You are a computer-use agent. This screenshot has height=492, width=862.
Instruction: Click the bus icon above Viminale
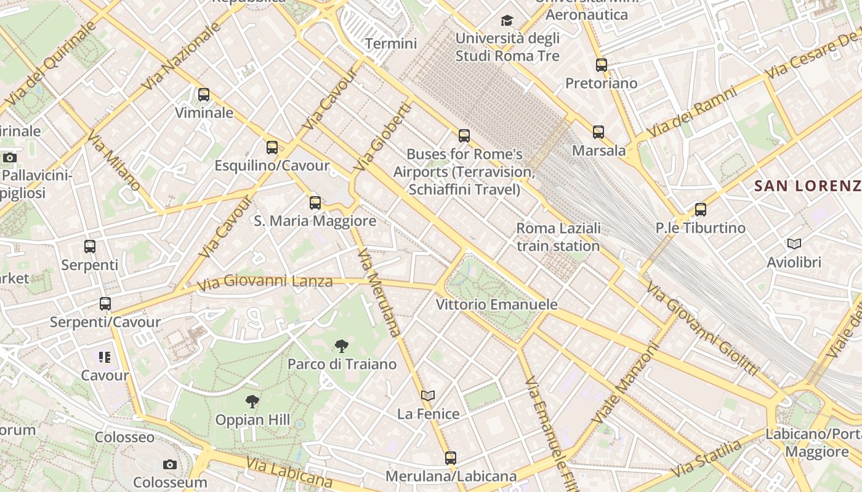[x=204, y=95]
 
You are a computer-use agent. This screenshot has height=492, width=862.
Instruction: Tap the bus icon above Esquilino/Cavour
[x=272, y=148]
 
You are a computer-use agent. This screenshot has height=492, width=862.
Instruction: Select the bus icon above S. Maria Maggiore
[x=315, y=202]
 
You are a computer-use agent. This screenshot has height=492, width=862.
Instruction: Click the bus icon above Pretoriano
[x=602, y=65]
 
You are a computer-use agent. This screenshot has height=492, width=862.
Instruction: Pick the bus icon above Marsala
[x=598, y=132]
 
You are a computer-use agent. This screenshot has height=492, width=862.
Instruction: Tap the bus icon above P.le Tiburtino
[x=701, y=210]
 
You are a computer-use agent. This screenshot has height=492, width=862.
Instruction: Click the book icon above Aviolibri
[x=794, y=244]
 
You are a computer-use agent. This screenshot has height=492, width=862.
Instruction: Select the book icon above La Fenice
[x=428, y=395]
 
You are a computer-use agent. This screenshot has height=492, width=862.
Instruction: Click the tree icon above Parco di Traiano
[x=342, y=346]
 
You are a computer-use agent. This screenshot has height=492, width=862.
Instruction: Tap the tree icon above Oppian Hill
[x=252, y=402]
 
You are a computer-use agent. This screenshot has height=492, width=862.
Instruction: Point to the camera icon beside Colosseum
[x=170, y=464]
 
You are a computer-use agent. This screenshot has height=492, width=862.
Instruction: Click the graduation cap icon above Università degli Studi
[x=507, y=21]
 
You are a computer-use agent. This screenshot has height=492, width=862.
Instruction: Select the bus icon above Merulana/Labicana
[x=451, y=458]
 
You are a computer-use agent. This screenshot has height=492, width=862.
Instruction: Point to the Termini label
[x=391, y=44]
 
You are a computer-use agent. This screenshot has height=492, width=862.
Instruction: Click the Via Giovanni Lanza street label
[x=265, y=283]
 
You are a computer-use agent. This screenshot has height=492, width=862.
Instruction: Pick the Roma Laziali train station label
[x=558, y=237]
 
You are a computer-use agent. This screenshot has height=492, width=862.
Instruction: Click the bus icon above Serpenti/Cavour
[x=105, y=303]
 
